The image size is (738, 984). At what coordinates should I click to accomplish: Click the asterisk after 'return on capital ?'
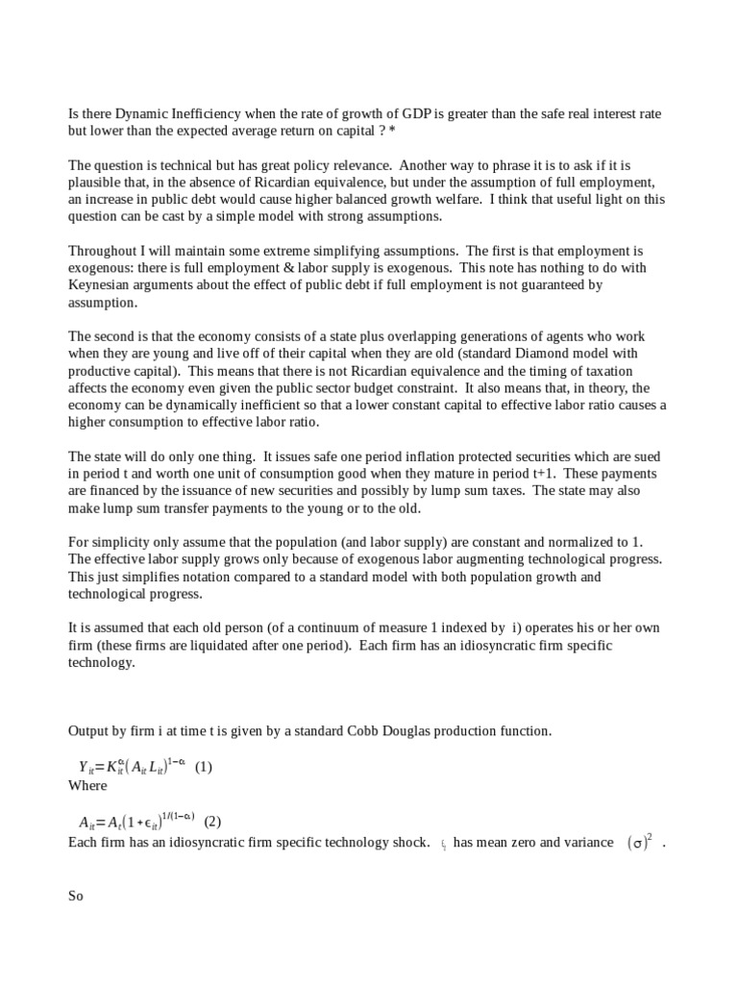pos(392,130)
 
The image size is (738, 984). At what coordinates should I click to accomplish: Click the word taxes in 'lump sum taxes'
pos(503,491)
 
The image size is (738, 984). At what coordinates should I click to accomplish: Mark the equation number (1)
pos(203,767)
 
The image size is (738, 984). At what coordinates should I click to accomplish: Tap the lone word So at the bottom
pos(76,896)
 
